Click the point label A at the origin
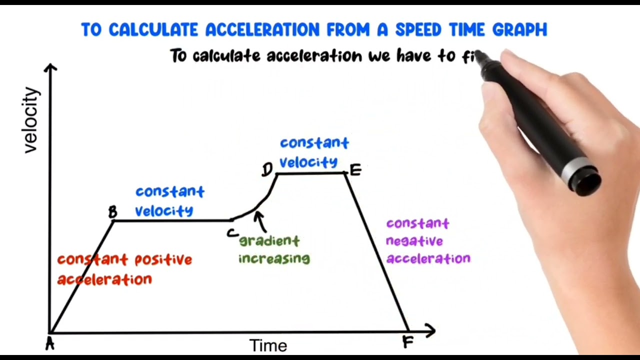49,343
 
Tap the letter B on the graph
113,212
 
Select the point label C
232,233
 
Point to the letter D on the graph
267,170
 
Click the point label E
355,170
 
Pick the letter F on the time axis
407,342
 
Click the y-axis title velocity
31,120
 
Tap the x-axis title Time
268,345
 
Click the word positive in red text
163,260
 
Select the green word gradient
269,241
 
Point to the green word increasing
274,258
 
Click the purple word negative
414,241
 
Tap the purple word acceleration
428,258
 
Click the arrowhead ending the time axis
430,330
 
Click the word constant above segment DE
314,143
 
